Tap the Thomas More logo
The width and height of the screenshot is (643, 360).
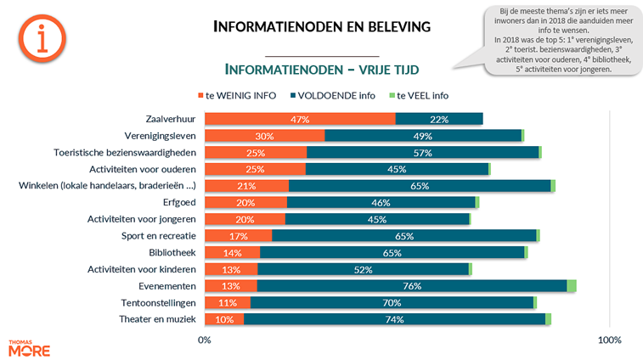pyautogui.click(x=29, y=347)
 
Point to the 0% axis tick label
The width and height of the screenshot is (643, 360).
pyautogui.click(x=204, y=340)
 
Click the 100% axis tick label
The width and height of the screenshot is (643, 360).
pyautogui.click(x=610, y=340)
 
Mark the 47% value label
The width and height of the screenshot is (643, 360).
pyautogui.click(x=299, y=120)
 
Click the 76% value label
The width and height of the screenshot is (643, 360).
pyautogui.click(x=412, y=286)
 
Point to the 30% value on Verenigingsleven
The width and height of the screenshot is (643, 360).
pyautogui.click(x=264, y=136)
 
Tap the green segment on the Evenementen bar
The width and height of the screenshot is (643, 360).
pyautogui.click(x=572, y=286)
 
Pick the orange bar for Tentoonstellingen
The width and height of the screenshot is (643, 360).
pyautogui.click(x=228, y=302)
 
